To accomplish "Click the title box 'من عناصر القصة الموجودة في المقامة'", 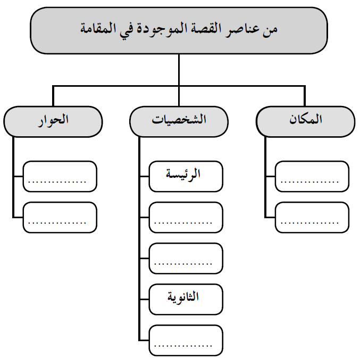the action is tap(179, 30).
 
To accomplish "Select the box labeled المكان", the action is tap(305, 121).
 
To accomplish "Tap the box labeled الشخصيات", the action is tap(179, 121).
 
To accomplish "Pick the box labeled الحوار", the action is tap(53, 121).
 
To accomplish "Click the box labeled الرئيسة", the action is tap(186, 176).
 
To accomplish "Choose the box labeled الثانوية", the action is tap(186, 299).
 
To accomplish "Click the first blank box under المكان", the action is tap(312, 176).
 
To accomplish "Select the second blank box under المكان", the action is tap(312, 217).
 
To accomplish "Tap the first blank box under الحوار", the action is tap(60, 176).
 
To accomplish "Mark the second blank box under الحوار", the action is tap(60, 217).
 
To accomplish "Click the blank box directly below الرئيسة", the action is tap(186, 217).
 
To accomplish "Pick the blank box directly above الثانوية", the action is tap(186, 258).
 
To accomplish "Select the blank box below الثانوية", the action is tap(186, 340).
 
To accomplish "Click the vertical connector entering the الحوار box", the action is tap(53, 96).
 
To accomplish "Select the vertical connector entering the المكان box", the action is tap(305, 96).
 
